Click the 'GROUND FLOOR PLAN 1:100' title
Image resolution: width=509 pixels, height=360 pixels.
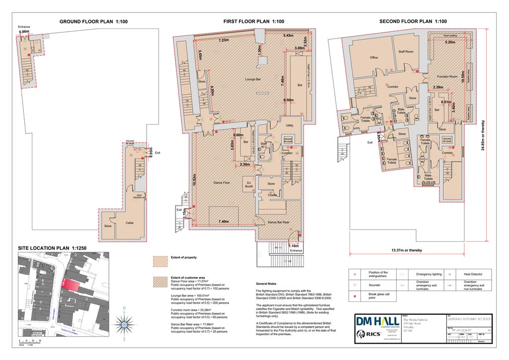[x=93, y=21]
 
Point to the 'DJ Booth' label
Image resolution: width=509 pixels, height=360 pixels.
[x=249, y=184]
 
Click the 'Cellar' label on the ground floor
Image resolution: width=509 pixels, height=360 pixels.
[x=129, y=223]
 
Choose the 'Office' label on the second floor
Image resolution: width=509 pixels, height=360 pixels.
[x=374, y=58]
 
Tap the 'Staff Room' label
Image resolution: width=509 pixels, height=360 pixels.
[x=406, y=52]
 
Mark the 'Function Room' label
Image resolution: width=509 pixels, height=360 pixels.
[x=447, y=77]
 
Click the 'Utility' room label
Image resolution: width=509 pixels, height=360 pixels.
[x=289, y=125]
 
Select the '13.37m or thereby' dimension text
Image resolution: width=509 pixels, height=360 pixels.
[x=407, y=251]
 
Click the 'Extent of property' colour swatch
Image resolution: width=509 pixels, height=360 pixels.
[x=161, y=262]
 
